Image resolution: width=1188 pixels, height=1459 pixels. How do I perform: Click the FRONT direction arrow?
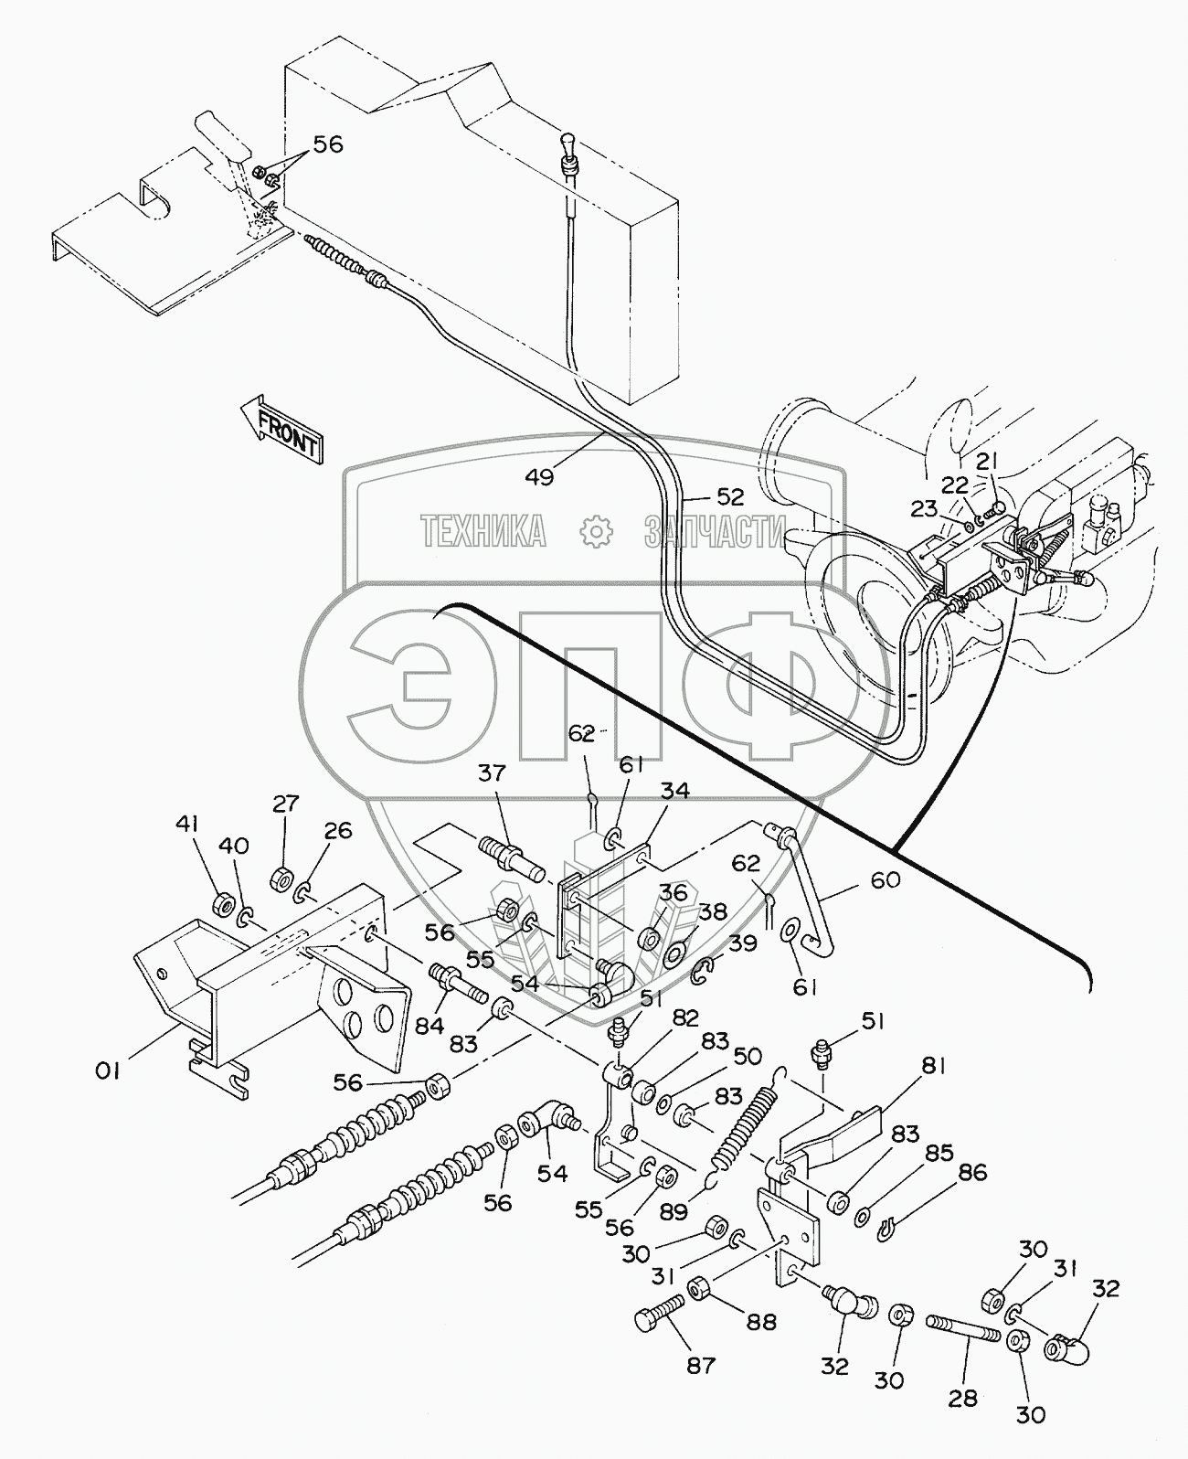(x=280, y=432)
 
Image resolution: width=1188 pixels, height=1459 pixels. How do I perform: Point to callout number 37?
(x=492, y=774)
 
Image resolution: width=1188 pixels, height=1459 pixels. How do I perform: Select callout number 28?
(x=963, y=1399)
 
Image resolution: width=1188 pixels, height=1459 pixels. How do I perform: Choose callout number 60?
(x=886, y=880)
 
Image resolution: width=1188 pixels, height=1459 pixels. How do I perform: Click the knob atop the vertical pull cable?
(x=567, y=144)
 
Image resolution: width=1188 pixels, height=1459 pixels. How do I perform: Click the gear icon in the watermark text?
(x=595, y=529)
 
